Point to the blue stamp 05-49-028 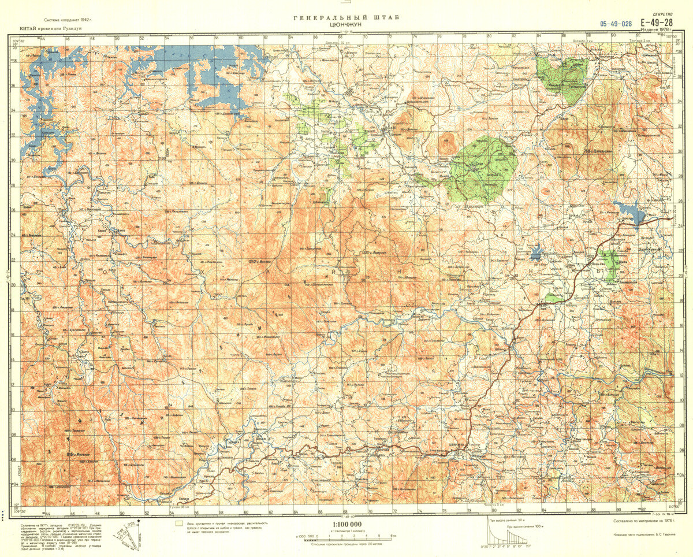pos(616,24)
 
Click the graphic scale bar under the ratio pos(346,537)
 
